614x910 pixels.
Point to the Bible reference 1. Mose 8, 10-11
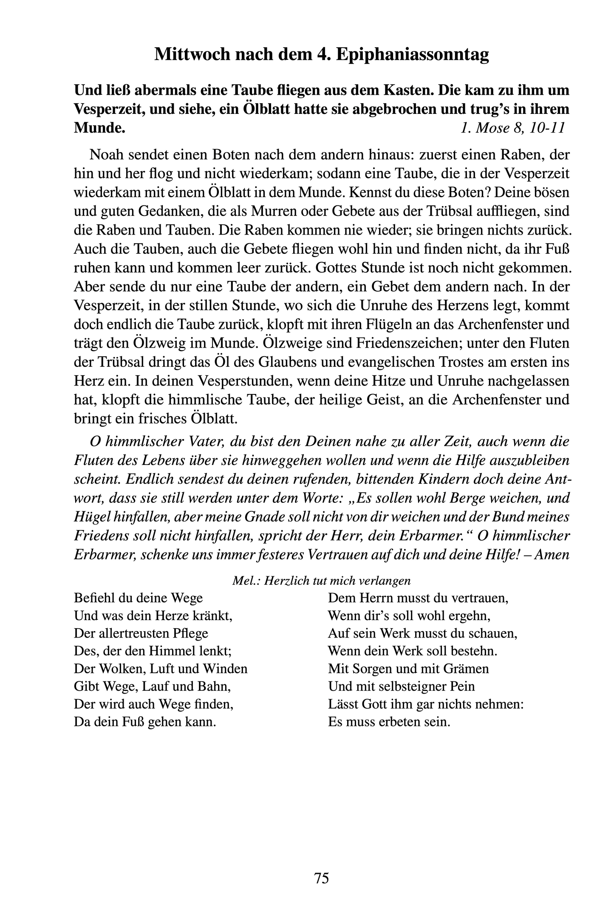512,128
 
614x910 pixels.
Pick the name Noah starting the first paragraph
105,154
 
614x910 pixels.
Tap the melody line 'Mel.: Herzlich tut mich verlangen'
321,581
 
